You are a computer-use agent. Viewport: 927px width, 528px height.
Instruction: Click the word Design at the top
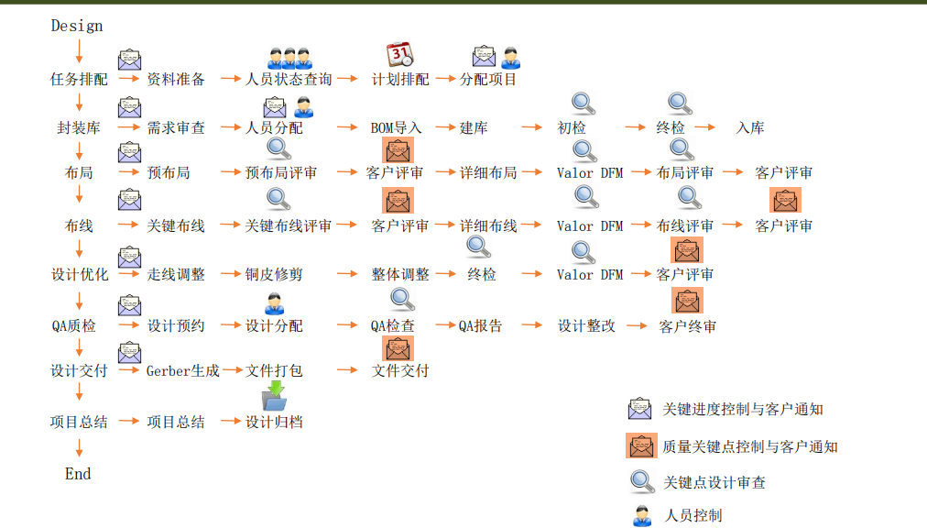coord(77,26)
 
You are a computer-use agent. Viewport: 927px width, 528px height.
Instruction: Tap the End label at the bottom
coord(78,474)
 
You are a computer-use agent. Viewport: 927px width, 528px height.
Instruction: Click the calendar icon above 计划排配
coord(399,56)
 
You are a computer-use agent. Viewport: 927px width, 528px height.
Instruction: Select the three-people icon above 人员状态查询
coord(289,58)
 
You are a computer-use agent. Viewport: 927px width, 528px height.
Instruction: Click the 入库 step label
coord(750,128)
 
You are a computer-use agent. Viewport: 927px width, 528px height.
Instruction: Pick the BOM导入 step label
coord(396,128)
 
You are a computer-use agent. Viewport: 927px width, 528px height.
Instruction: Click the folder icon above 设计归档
coord(274,396)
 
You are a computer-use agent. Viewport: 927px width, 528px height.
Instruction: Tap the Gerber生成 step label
coord(182,371)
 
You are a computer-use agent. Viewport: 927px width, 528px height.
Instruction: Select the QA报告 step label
coord(481,326)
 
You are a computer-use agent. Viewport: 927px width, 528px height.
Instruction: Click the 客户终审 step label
coord(688,326)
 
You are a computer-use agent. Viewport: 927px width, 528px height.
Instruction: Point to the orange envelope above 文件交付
coord(398,348)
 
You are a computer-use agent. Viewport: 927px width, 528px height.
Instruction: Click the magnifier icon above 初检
coord(583,104)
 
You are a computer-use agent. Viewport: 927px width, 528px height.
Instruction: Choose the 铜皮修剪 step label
coord(274,274)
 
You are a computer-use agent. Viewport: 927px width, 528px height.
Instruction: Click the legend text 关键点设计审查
coord(714,483)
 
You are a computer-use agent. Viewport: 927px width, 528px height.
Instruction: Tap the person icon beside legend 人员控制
coord(642,515)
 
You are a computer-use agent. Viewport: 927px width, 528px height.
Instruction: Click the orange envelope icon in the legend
coord(640,446)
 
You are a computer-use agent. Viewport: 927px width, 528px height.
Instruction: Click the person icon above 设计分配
coord(274,303)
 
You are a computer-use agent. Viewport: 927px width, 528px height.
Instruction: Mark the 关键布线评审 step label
coord(289,225)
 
